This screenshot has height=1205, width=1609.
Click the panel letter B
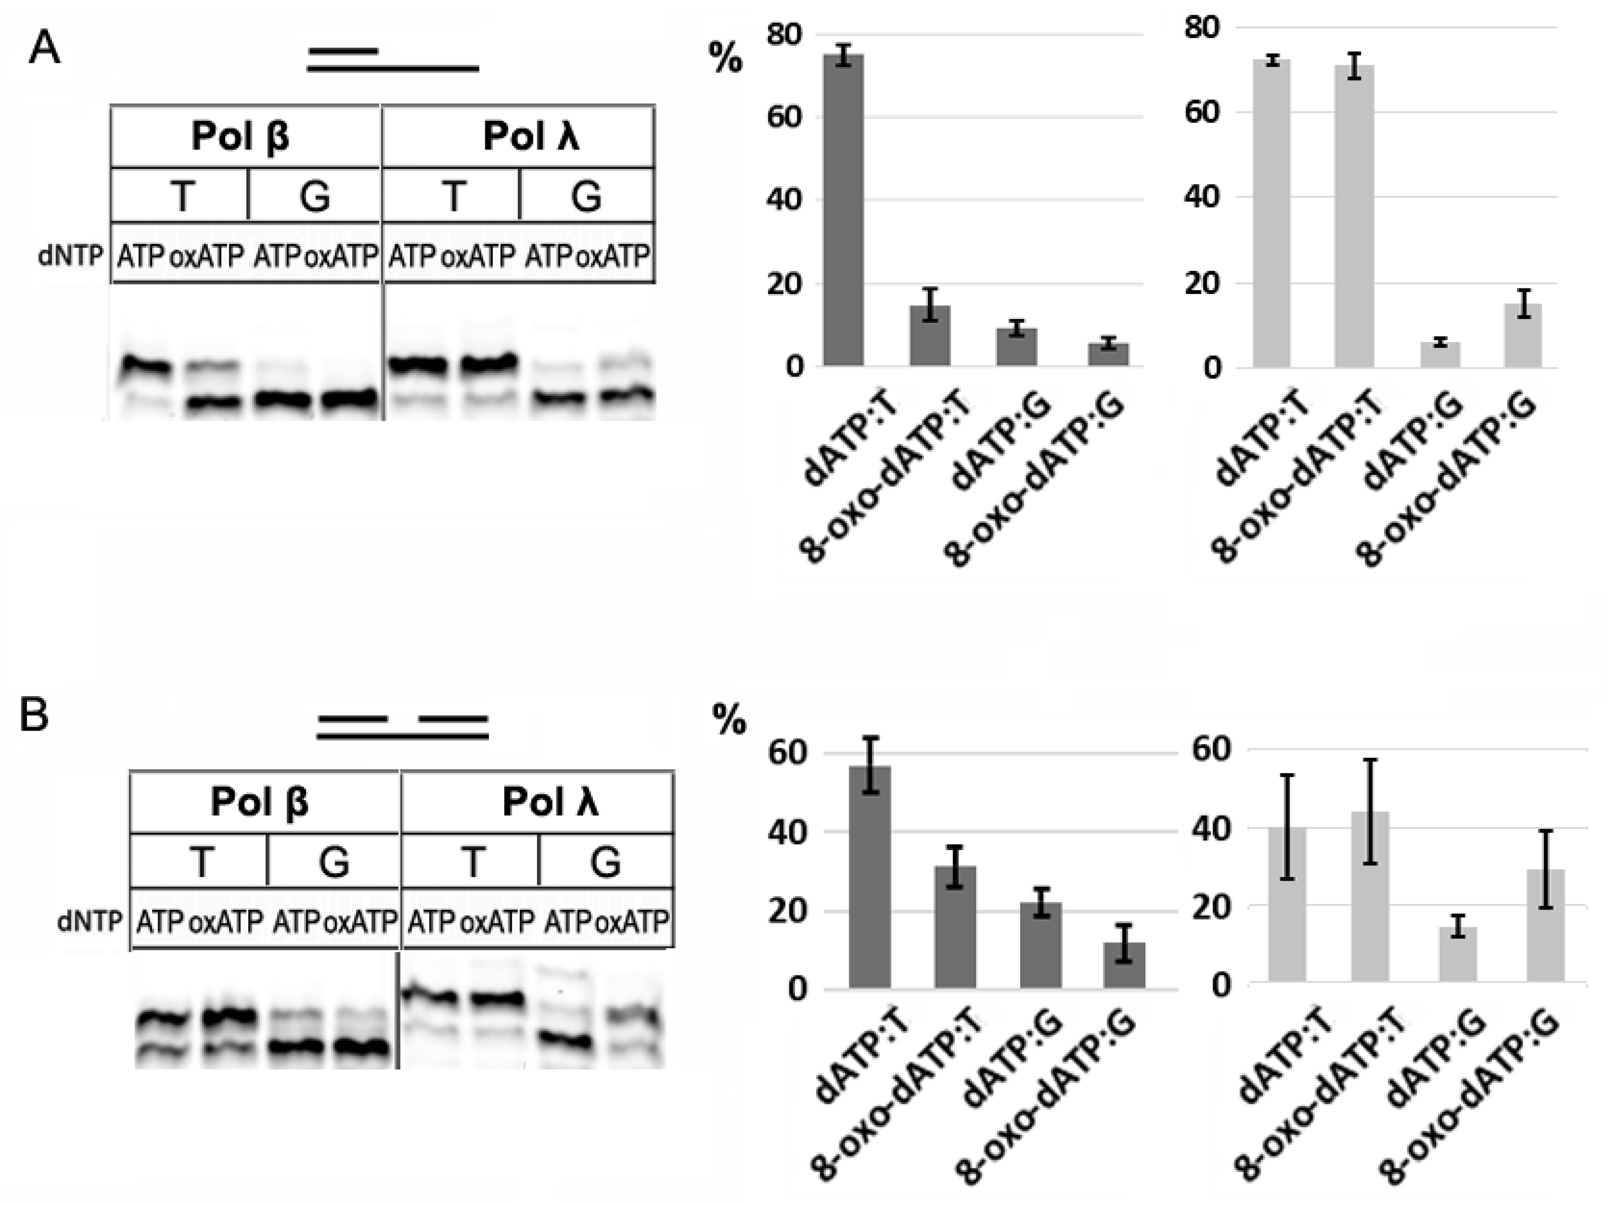34,716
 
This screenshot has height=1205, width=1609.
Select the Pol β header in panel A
240,136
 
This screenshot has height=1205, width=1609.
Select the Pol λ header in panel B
550,802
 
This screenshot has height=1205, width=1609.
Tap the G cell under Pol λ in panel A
586,195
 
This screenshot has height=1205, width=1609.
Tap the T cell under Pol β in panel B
202,861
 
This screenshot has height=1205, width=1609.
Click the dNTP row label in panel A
70,256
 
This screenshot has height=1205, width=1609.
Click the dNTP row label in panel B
90,922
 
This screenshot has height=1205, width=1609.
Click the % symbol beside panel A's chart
725,58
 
